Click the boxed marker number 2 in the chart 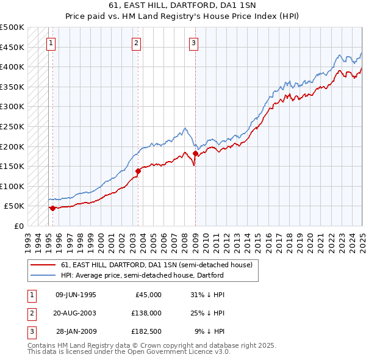pyautogui.click(x=135, y=43)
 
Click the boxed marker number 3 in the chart pyautogui.click(x=193, y=43)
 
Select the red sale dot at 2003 pyautogui.click(x=138, y=171)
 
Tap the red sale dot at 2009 pyautogui.click(x=195, y=153)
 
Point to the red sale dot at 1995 pyautogui.click(x=52, y=208)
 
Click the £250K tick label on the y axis pyautogui.click(x=12, y=126)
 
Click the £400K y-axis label pyautogui.click(x=12, y=67)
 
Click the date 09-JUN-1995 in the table pyautogui.click(x=76, y=295)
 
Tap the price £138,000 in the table pyautogui.click(x=146, y=313)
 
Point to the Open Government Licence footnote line pyautogui.click(x=129, y=352)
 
